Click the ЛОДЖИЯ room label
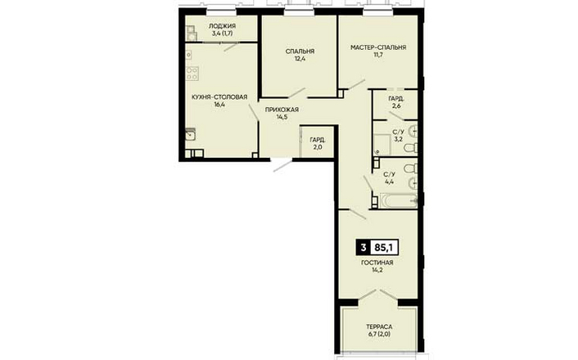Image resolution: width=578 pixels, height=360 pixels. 222,26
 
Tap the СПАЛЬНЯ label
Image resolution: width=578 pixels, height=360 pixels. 300,52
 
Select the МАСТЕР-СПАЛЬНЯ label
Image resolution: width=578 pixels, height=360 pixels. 378,47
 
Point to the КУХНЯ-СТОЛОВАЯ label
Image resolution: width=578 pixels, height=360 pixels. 219,97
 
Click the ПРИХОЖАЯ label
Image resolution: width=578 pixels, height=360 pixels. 282,110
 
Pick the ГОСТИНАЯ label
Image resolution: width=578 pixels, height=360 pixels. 377,263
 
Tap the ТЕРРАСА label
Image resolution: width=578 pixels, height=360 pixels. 379,326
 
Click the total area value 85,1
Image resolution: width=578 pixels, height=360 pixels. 384,248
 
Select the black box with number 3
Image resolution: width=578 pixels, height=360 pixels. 364,248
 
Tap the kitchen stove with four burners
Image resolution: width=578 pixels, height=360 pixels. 192,74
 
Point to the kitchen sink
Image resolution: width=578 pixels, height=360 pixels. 190,134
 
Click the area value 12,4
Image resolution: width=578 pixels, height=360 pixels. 300,59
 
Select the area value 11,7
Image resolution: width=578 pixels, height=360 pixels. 378,55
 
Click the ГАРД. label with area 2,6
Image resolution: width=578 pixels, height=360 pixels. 396,99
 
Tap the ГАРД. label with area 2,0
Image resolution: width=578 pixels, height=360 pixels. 318,140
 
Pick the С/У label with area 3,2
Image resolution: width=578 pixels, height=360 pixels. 398,132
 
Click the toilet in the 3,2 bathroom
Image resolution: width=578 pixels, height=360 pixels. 411,148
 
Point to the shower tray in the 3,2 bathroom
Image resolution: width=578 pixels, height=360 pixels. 382,145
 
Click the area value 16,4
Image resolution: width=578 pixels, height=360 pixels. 219,104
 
